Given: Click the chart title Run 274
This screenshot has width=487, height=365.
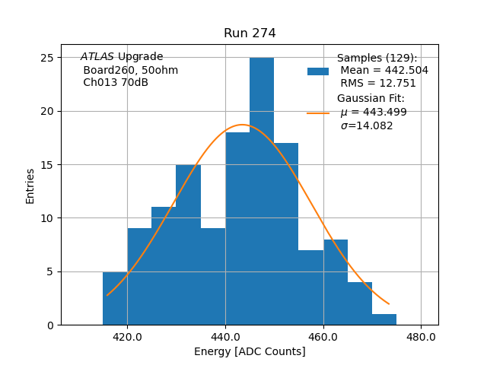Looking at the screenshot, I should point(250,33).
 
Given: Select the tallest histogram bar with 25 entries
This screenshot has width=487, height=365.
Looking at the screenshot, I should point(262,191).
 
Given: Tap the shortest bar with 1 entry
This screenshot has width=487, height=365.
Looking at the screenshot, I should point(384,319).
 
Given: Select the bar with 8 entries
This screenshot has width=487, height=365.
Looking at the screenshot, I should point(336,282).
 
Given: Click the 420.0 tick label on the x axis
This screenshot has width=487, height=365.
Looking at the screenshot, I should point(127,337).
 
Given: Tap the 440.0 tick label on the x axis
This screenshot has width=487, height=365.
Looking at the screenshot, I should point(225,337).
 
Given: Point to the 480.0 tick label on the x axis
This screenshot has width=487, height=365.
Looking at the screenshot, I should point(421,337).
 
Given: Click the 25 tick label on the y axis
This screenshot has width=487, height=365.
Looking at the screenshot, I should point(47,58).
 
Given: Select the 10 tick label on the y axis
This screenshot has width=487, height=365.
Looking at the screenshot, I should point(47,218).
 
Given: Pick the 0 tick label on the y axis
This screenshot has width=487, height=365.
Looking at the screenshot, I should point(50,325).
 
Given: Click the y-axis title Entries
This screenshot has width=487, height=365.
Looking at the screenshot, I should point(30,186).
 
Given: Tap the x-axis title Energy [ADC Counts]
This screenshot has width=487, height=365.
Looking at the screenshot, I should point(250,352).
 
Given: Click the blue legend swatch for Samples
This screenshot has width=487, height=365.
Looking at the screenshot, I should point(318,71).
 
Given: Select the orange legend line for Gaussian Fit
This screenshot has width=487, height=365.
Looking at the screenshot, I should point(318,113).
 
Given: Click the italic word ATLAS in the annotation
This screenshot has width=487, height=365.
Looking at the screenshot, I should point(97,57).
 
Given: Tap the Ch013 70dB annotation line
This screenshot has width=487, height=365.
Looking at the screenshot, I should point(116,83).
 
